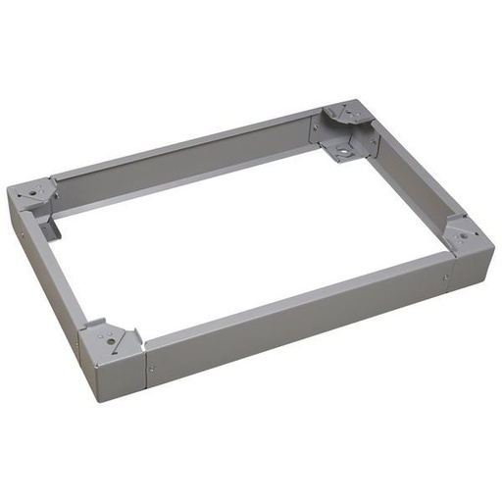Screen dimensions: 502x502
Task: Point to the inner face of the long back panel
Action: [186, 163]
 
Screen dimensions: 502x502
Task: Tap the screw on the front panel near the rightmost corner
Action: [445, 278]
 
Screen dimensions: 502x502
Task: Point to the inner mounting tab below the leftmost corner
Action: [54, 226]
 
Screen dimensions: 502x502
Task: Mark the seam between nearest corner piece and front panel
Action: [145, 367]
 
